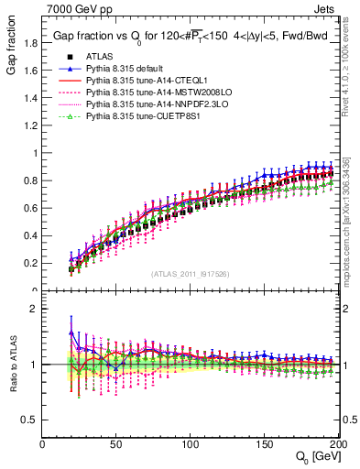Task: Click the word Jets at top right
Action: (326, 7)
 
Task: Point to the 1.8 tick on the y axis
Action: (31, 42)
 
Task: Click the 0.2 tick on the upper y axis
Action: (31, 263)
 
